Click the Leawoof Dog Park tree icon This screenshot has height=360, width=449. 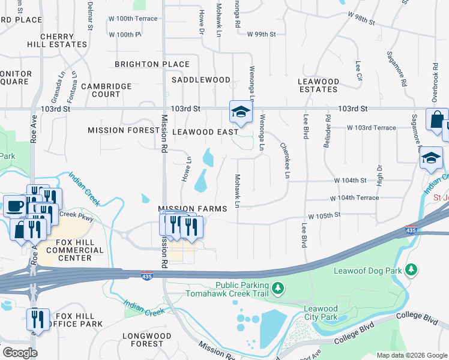411,270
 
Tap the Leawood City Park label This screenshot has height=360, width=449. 321,313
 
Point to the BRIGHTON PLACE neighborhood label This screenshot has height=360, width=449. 152,64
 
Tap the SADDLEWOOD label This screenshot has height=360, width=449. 200,80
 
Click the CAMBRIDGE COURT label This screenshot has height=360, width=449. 106,90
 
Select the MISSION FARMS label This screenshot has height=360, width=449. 192,209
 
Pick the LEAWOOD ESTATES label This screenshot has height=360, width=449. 318,85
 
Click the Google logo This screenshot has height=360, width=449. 19,353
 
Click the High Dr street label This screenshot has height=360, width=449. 379,174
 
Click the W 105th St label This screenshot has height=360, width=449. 324,215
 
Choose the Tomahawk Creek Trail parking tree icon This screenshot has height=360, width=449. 277,289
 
